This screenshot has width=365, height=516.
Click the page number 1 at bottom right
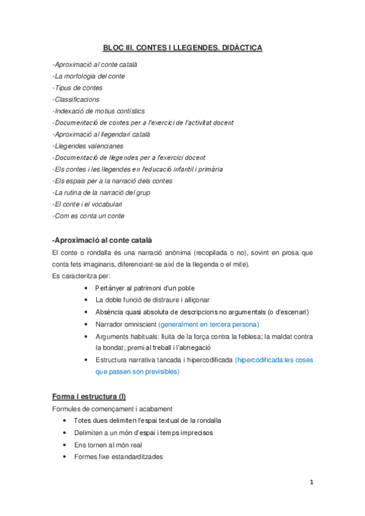point(311,483)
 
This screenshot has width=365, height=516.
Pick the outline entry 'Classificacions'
point(76,99)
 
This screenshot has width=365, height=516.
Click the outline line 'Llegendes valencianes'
point(88,146)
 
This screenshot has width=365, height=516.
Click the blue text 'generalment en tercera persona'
point(208,324)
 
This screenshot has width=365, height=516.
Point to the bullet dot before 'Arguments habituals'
point(87,336)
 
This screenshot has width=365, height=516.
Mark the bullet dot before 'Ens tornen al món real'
point(65,445)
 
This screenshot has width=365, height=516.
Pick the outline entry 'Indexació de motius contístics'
point(99,111)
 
